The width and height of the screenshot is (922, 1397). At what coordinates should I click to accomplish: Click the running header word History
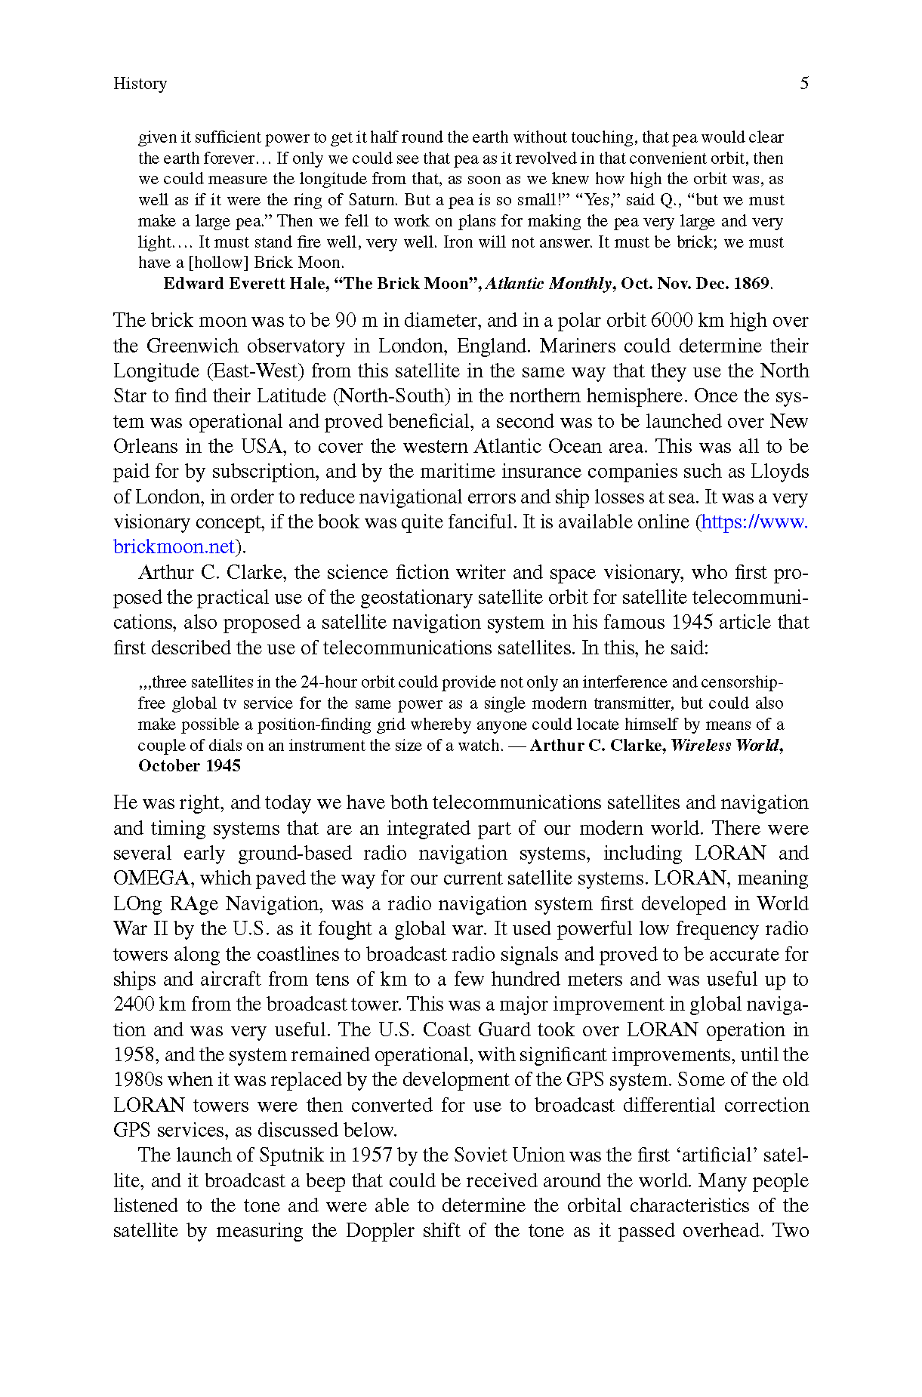pos(140,84)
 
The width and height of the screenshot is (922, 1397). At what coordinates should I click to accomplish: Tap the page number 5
pos(804,84)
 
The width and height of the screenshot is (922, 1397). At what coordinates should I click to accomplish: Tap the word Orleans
pos(145,447)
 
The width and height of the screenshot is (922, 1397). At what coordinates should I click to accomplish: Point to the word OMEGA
pos(151,879)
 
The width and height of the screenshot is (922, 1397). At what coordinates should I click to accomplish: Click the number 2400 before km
pos(134,1005)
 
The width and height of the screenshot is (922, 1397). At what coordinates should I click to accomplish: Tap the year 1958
pos(134,1055)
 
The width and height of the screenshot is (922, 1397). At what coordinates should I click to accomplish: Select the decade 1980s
pos(137,1080)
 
